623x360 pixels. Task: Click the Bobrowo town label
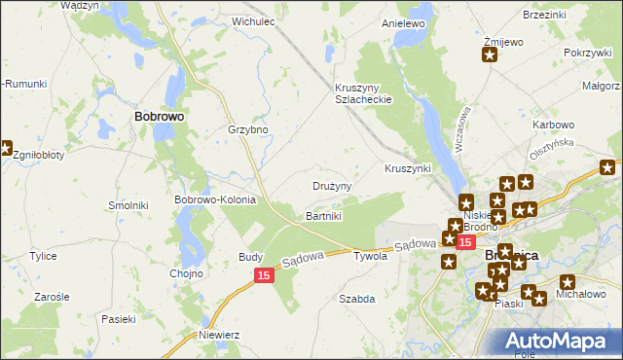coord(159,115)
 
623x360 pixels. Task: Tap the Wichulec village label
coord(250,20)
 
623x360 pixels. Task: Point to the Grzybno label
coord(247,129)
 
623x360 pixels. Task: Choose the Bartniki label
coord(324,215)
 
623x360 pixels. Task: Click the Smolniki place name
coord(127,206)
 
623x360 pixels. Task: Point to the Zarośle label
coord(52,296)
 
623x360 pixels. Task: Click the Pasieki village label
coord(117,318)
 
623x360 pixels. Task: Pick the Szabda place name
coord(356,299)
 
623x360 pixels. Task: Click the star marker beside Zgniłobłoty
coord(5,149)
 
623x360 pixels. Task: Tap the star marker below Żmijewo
coord(489,55)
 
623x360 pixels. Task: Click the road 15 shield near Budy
coord(264,276)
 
